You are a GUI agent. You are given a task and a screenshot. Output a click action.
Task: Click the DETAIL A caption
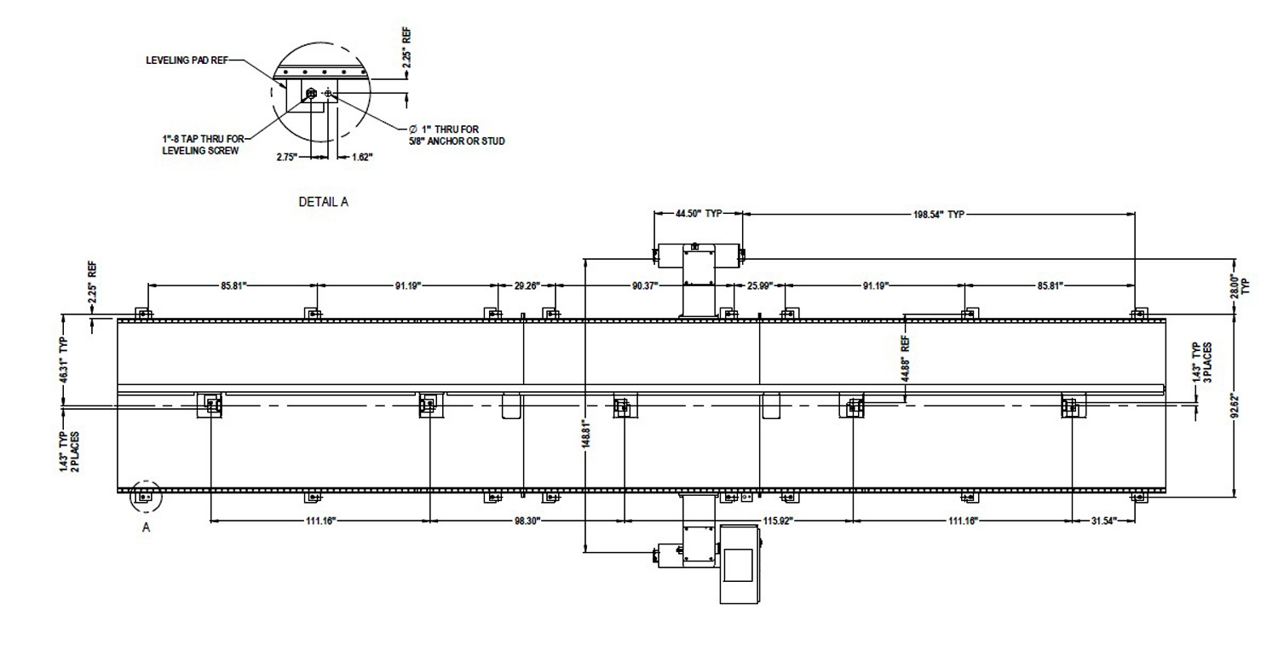pyautogui.click(x=323, y=201)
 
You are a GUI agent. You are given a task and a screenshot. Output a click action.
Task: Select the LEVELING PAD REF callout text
pyautogui.click(x=187, y=60)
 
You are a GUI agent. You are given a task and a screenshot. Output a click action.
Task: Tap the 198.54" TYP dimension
pyautogui.click(x=939, y=215)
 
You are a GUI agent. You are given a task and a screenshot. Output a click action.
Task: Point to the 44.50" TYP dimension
pyautogui.click(x=699, y=213)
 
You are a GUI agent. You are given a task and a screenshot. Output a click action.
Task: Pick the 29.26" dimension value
pyautogui.click(x=527, y=285)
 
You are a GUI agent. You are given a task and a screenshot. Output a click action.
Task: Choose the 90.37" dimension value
pyautogui.click(x=645, y=285)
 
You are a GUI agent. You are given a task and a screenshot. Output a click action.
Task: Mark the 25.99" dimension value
pyautogui.click(x=760, y=285)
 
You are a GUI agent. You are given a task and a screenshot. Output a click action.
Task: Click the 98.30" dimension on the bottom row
pyautogui.click(x=527, y=521)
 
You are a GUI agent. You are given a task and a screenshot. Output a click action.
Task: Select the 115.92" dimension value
pyautogui.click(x=778, y=521)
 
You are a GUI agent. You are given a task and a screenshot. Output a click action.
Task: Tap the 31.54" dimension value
pyautogui.click(x=1104, y=521)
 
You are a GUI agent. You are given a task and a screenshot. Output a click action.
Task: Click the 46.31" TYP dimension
pyautogui.click(x=64, y=361)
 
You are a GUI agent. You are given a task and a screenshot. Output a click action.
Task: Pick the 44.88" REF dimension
pyautogui.click(x=906, y=360)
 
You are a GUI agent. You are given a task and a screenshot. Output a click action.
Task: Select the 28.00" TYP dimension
pyautogui.click(x=1240, y=285)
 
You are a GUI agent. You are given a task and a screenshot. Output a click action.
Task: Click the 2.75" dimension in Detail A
pyautogui.click(x=287, y=157)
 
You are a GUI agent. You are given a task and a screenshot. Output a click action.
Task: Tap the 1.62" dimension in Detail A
pyautogui.click(x=362, y=157)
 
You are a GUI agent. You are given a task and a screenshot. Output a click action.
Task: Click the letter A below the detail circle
pyautogui.click(x=146, y=527)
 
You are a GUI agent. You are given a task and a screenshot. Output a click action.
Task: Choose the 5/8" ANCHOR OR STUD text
pyautogui.click(x=457, y=141)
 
